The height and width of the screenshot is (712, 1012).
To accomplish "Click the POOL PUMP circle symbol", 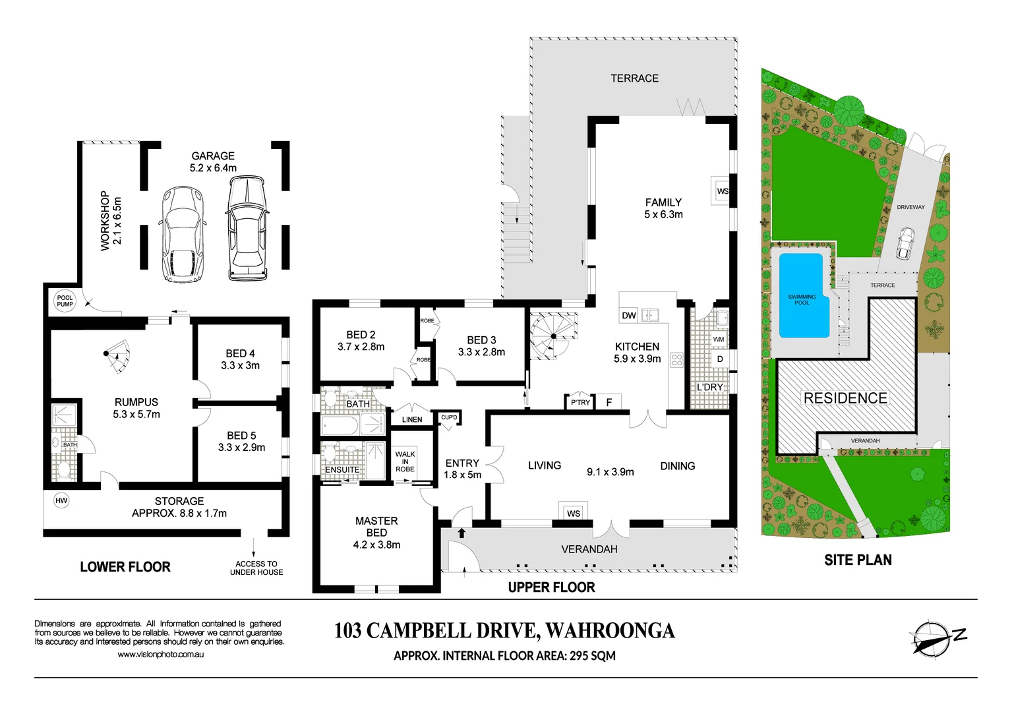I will pos(65,301).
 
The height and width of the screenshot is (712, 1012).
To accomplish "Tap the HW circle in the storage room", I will pos(61,500).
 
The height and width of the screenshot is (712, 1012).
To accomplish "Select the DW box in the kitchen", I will pos(629,315).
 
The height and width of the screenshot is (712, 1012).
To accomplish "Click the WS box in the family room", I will pos(723,191).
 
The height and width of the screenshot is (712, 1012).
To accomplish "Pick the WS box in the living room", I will pos(574,513).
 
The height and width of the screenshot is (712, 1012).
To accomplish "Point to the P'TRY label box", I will pos(580,402).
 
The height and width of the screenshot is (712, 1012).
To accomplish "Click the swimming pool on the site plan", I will pos(802,295).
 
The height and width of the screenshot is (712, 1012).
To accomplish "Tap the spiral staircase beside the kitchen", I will pos(552,336).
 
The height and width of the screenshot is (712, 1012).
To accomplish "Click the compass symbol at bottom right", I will pos(931,639).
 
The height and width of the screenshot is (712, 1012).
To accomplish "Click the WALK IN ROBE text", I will pos(405,461).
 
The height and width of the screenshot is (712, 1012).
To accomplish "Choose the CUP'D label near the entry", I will pos(449,417).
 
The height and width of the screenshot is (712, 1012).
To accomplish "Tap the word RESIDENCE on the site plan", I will pos(845,398).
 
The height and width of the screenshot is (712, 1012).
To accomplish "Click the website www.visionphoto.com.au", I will pos(160,655).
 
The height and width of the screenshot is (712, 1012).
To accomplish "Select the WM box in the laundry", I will pos(719,340).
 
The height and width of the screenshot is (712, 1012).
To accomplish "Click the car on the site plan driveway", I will pos(905,243).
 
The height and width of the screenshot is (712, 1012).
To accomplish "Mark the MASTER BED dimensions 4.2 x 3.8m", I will pos(376,545).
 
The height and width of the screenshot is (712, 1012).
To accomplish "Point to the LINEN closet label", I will pos(412,419).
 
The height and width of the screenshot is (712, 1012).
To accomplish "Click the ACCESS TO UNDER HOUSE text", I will pos(256,568).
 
